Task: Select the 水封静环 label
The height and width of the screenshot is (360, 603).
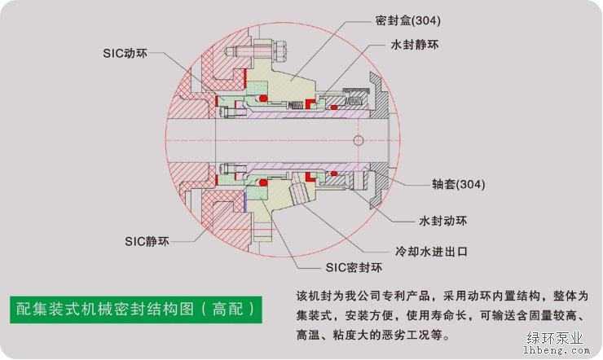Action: point(416,46)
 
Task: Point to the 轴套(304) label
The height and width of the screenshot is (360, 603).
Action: point(459,184)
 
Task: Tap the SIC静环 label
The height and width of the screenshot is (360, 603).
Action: point(147,241)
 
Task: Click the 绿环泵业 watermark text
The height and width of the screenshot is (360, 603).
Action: point(557,336)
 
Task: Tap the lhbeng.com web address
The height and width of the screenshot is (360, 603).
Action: point(557,350)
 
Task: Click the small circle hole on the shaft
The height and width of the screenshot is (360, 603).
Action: point(357,140)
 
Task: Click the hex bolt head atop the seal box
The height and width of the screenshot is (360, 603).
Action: point(276,50)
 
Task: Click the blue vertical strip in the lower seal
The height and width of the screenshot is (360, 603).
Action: point(244,201)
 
